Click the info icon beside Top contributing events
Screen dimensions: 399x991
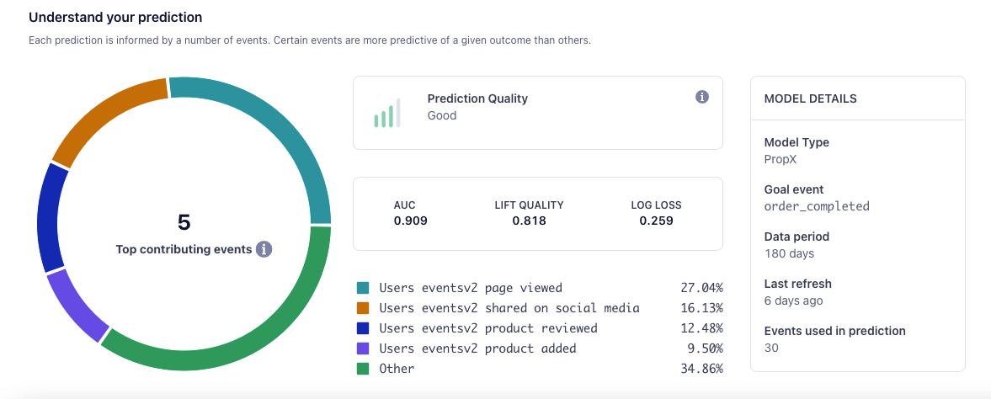coord(264,249)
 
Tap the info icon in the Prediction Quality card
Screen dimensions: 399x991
coord(702,98)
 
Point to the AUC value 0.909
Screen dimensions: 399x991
coord(410,221)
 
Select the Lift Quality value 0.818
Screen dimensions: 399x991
coord(529,221)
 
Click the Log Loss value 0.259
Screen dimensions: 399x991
coord(656,221)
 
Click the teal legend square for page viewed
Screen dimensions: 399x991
coord(363,288)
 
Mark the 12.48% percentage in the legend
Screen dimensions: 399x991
coord(701,328)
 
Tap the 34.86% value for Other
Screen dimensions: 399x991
coord(701,369)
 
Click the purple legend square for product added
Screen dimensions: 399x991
coord(363,348)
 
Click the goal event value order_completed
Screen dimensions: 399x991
coord(816,206)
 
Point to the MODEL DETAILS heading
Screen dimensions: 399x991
coord(810,98)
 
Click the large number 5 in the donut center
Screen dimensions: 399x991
coord(184,222)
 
